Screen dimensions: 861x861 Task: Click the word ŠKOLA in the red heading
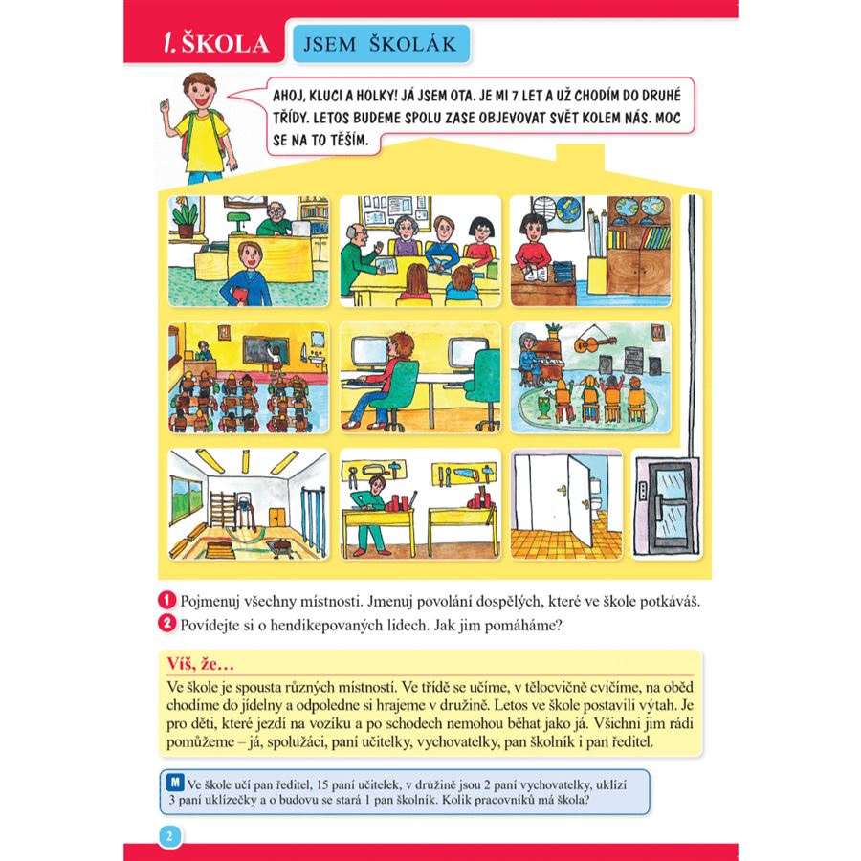click(x=225, y=44)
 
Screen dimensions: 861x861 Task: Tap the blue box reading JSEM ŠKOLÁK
click(x=381, y=44)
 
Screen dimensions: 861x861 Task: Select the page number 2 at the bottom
click(x=169, y=836)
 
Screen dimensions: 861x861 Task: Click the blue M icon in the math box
click(x=175, y=782)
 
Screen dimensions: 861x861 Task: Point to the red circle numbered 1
click(x=166, y=600)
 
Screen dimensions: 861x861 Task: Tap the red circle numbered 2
click(x=166, y=624)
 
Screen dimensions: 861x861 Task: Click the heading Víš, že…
click(x=201, y=664)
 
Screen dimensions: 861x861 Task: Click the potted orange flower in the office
click(x=185, y=216)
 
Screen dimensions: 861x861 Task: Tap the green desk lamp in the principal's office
click(x=238, y=222)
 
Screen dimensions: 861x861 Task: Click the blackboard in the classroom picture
click(x=265, y=350)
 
